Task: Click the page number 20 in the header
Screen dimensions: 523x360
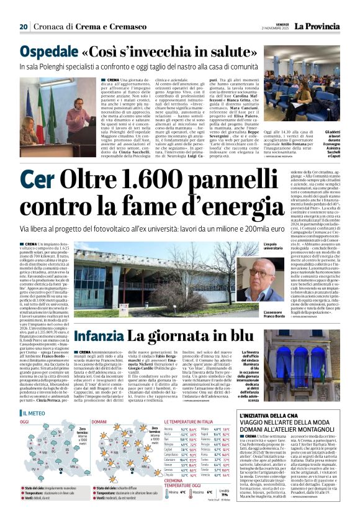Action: (x=24, y=27)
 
